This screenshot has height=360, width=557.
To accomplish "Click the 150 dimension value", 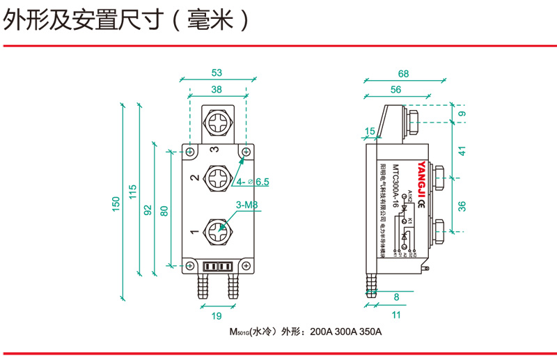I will (x=116, y=203).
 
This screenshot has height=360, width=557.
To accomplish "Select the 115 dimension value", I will (x=133, y=191).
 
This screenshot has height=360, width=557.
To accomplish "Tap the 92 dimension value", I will (x=148, y=210).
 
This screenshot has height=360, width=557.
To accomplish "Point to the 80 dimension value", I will (x=164, y=210).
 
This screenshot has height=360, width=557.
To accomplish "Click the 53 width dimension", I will (x=217, y=72).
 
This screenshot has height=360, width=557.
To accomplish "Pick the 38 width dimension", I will (x=217, y=89).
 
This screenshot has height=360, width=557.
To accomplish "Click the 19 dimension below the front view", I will (x=217, y=317).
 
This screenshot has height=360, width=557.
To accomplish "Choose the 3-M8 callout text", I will (x=247, y=205).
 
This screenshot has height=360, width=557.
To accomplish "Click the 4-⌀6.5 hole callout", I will (x=253, y=182).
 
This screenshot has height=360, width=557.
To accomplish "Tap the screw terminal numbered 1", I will (x=217, y=230).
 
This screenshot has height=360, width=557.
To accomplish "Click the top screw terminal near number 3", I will (x=217, y=127).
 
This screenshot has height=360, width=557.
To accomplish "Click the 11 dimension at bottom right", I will (x=396, y=315).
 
